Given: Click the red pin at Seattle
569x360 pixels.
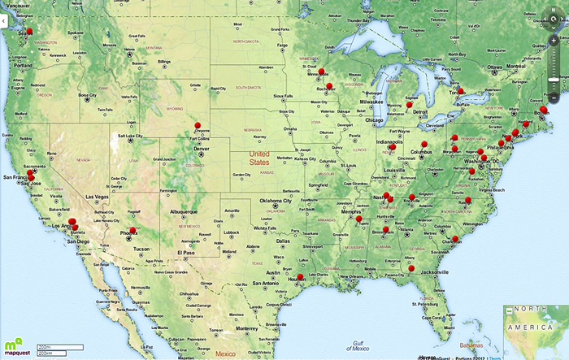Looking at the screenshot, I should pos(30,31).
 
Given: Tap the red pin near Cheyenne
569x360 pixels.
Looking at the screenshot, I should pos(198,125).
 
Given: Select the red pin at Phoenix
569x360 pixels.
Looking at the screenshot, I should pos(132,231).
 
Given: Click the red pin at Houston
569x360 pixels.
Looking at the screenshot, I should pos(301,277).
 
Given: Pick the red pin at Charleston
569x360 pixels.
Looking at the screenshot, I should pos(456,239).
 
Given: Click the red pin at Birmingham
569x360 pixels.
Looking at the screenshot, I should pos(385,229).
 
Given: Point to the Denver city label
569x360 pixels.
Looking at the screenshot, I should pos(200,150).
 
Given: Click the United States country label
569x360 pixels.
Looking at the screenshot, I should pos(259,158).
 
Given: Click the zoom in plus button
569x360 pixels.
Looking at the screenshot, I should pos(554,39).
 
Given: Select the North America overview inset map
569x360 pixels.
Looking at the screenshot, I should pos(535,330).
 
